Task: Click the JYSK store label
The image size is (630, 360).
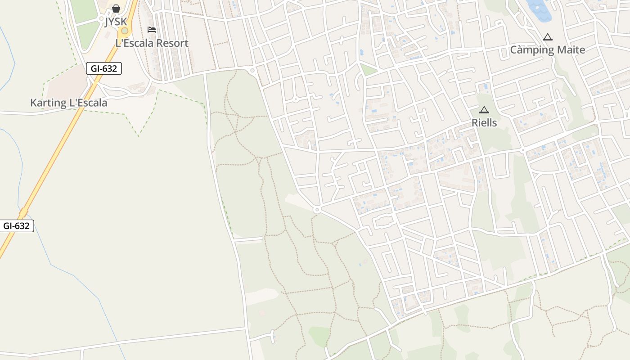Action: coord(116,22)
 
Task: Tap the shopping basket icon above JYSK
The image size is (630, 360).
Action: coord(116,9)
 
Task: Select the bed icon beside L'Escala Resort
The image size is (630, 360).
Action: coord(152,30)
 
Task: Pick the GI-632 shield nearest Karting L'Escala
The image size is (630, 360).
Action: coord(104,68)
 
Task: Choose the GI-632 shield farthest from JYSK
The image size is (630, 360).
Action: coord(16,226)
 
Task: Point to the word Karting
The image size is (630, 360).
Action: coord(48,103)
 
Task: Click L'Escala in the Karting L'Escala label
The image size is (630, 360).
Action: coord(88,103)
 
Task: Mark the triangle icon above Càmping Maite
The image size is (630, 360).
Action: coord(547,37)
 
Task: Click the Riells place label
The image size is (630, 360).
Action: coord(484,123)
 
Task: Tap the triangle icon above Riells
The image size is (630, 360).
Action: coord(484,110)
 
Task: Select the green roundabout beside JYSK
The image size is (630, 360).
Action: coord(125,31)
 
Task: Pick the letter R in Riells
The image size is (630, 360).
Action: coord(474,123)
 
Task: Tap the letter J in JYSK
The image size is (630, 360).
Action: coord(107,22)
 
